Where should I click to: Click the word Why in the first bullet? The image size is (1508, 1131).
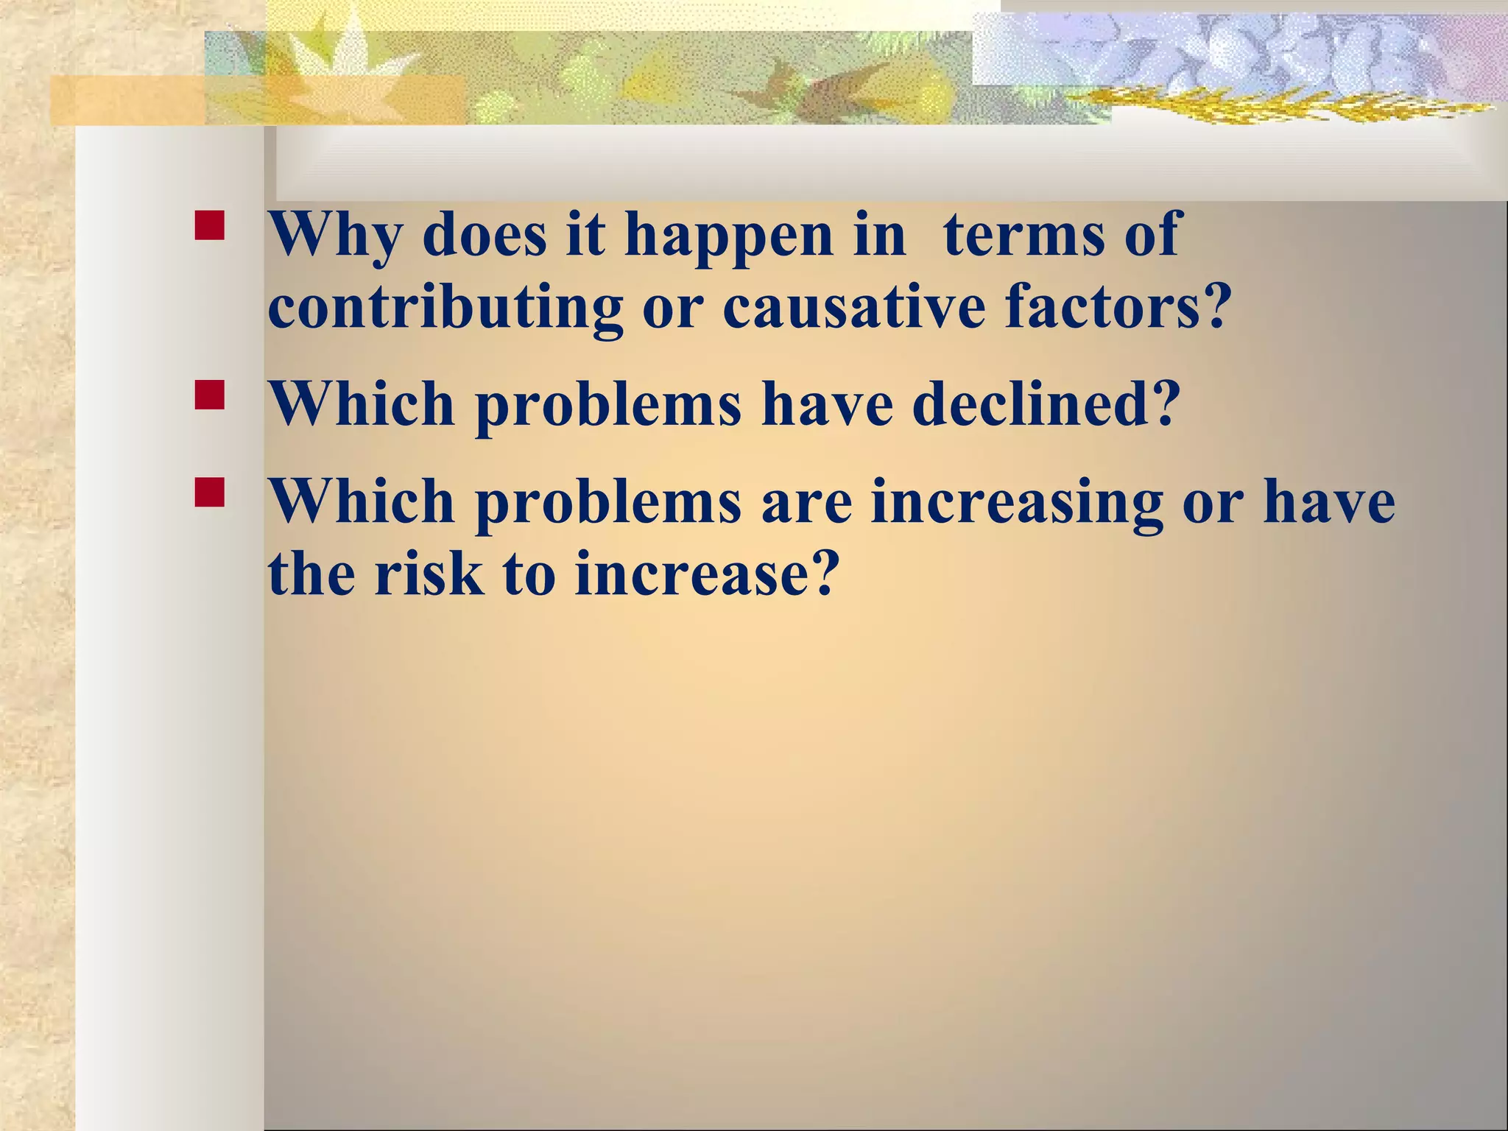tap(335, 236)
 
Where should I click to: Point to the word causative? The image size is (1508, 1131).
tap(854, 308)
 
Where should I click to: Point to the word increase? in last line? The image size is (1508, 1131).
tap(707, 574)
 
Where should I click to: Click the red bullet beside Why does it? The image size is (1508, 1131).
tap(210, 226)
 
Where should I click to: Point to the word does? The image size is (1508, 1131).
tap(485, 236)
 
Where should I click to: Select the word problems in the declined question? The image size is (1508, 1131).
tap(608, 405)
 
